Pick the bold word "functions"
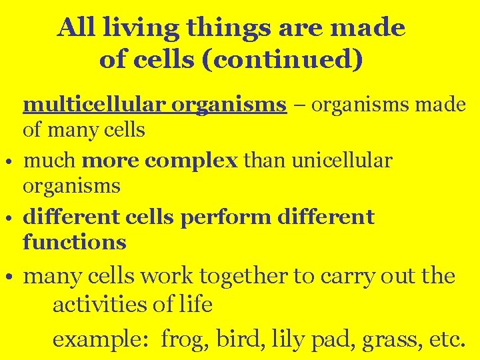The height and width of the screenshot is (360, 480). coord(74,241)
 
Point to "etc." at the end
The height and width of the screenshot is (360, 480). coord(445,339)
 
